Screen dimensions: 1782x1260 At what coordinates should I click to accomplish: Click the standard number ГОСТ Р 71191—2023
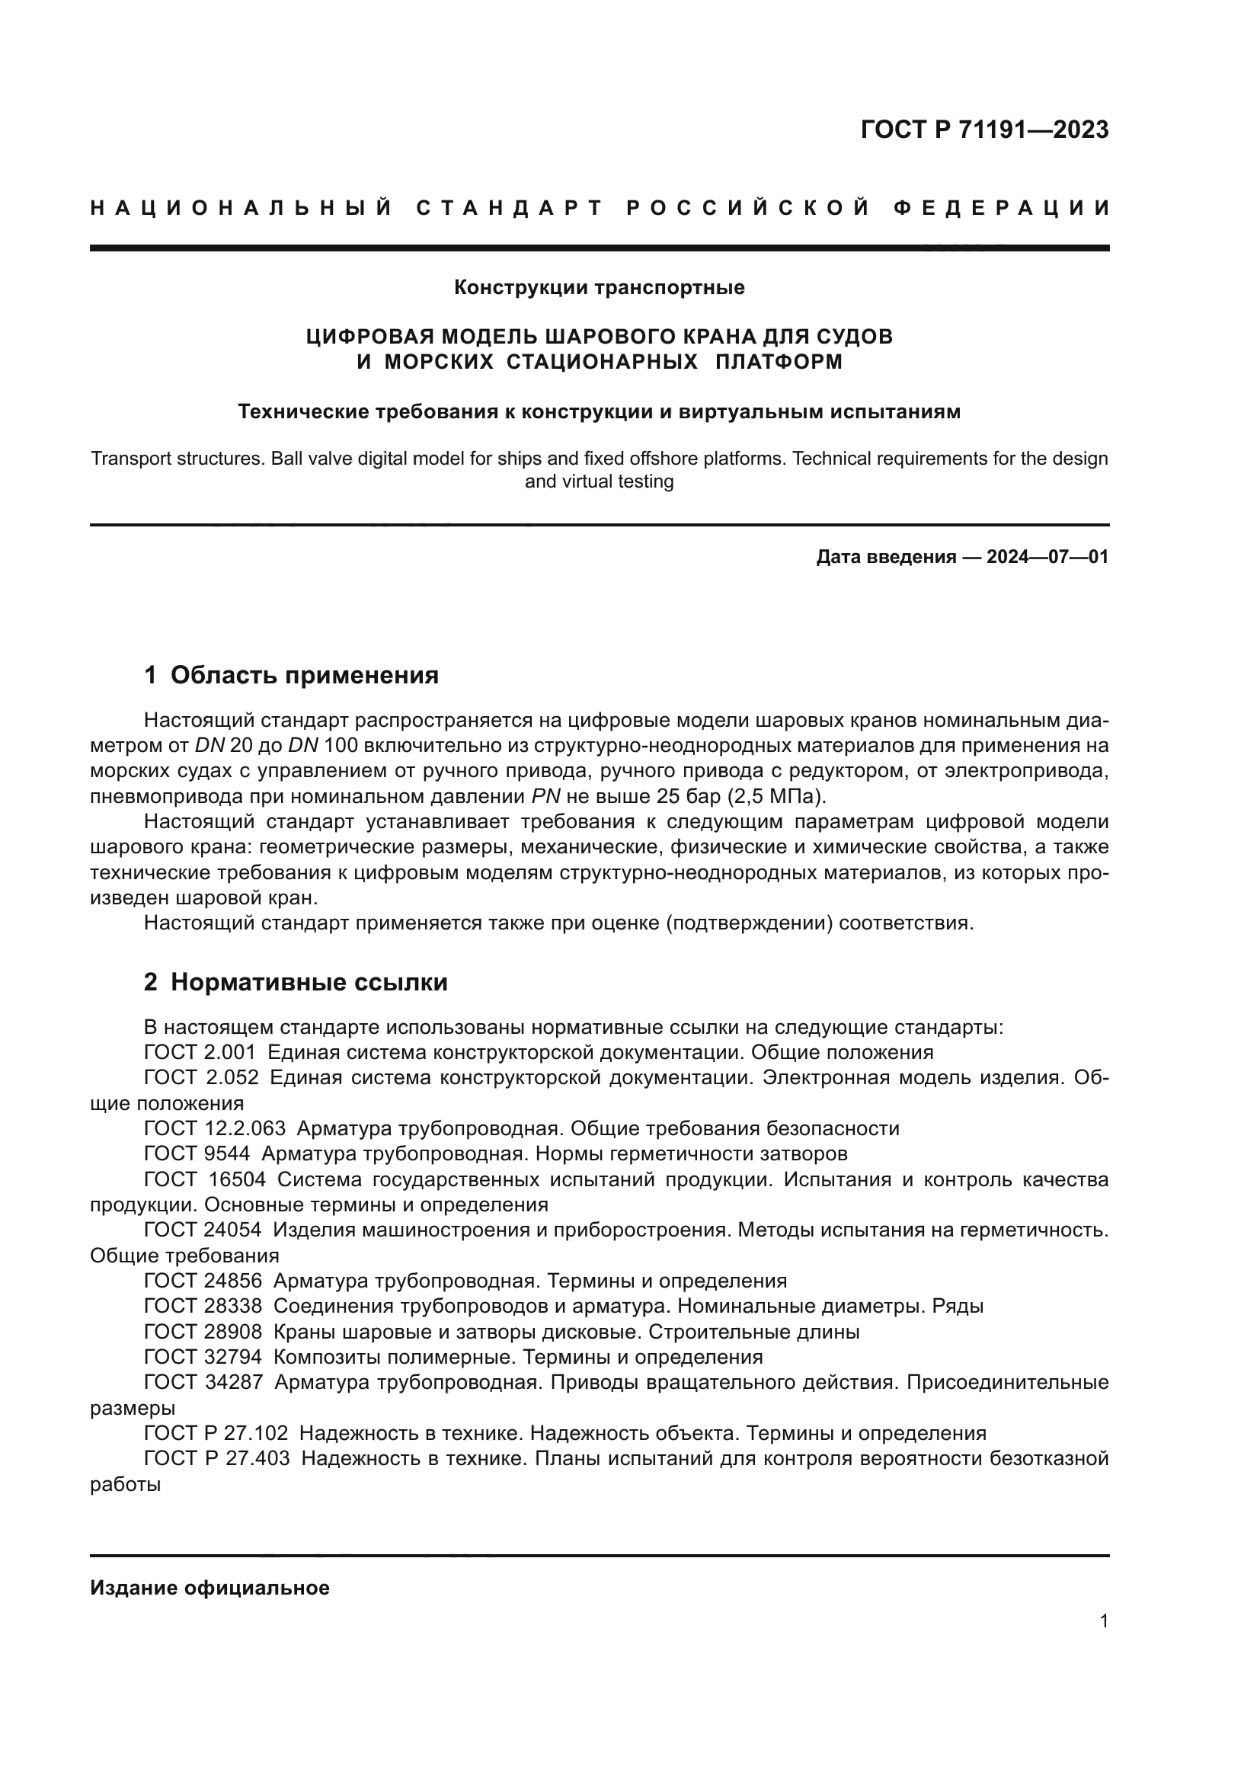983,130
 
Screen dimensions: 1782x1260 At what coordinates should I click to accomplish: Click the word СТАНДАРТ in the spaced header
509,208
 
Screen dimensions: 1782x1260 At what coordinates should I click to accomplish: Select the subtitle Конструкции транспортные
599,288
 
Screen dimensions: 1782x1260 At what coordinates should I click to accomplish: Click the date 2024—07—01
1047,556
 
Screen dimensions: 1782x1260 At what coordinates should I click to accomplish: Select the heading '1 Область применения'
291,675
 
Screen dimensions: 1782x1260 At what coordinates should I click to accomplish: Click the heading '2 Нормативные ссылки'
296,983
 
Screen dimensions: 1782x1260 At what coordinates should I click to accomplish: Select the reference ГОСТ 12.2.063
214,1128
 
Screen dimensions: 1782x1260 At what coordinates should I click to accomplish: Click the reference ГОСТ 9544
197,1153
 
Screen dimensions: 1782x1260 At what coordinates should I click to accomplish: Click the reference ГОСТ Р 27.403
216,1458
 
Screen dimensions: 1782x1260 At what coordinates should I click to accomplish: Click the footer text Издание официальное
209,1588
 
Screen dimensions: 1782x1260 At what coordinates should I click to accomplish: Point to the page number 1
1103,1620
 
